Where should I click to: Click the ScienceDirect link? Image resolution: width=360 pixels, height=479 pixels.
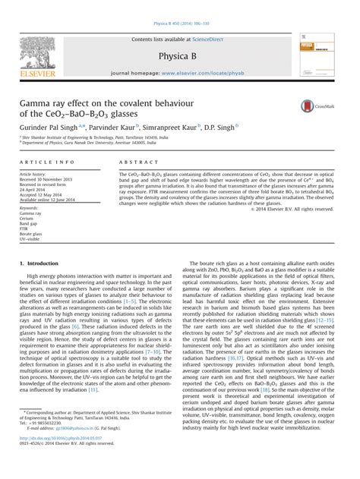[215, 18]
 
